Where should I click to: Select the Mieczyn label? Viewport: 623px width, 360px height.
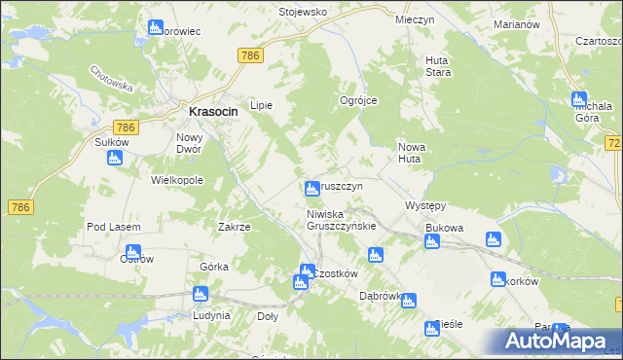[x=414, y=19]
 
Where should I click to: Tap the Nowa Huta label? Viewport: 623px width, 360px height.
[x=414, y=152]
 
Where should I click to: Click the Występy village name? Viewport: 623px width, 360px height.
[x=424, y=206]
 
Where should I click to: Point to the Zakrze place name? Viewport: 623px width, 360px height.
[x=235, y=227]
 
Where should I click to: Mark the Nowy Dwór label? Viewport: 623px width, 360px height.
[x=195, y=143]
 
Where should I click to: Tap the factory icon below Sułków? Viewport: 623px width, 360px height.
[x=115, y=158]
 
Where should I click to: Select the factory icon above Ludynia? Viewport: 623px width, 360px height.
[x=201, y=294]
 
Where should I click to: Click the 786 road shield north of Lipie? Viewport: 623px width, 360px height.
[x=249, y=56]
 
